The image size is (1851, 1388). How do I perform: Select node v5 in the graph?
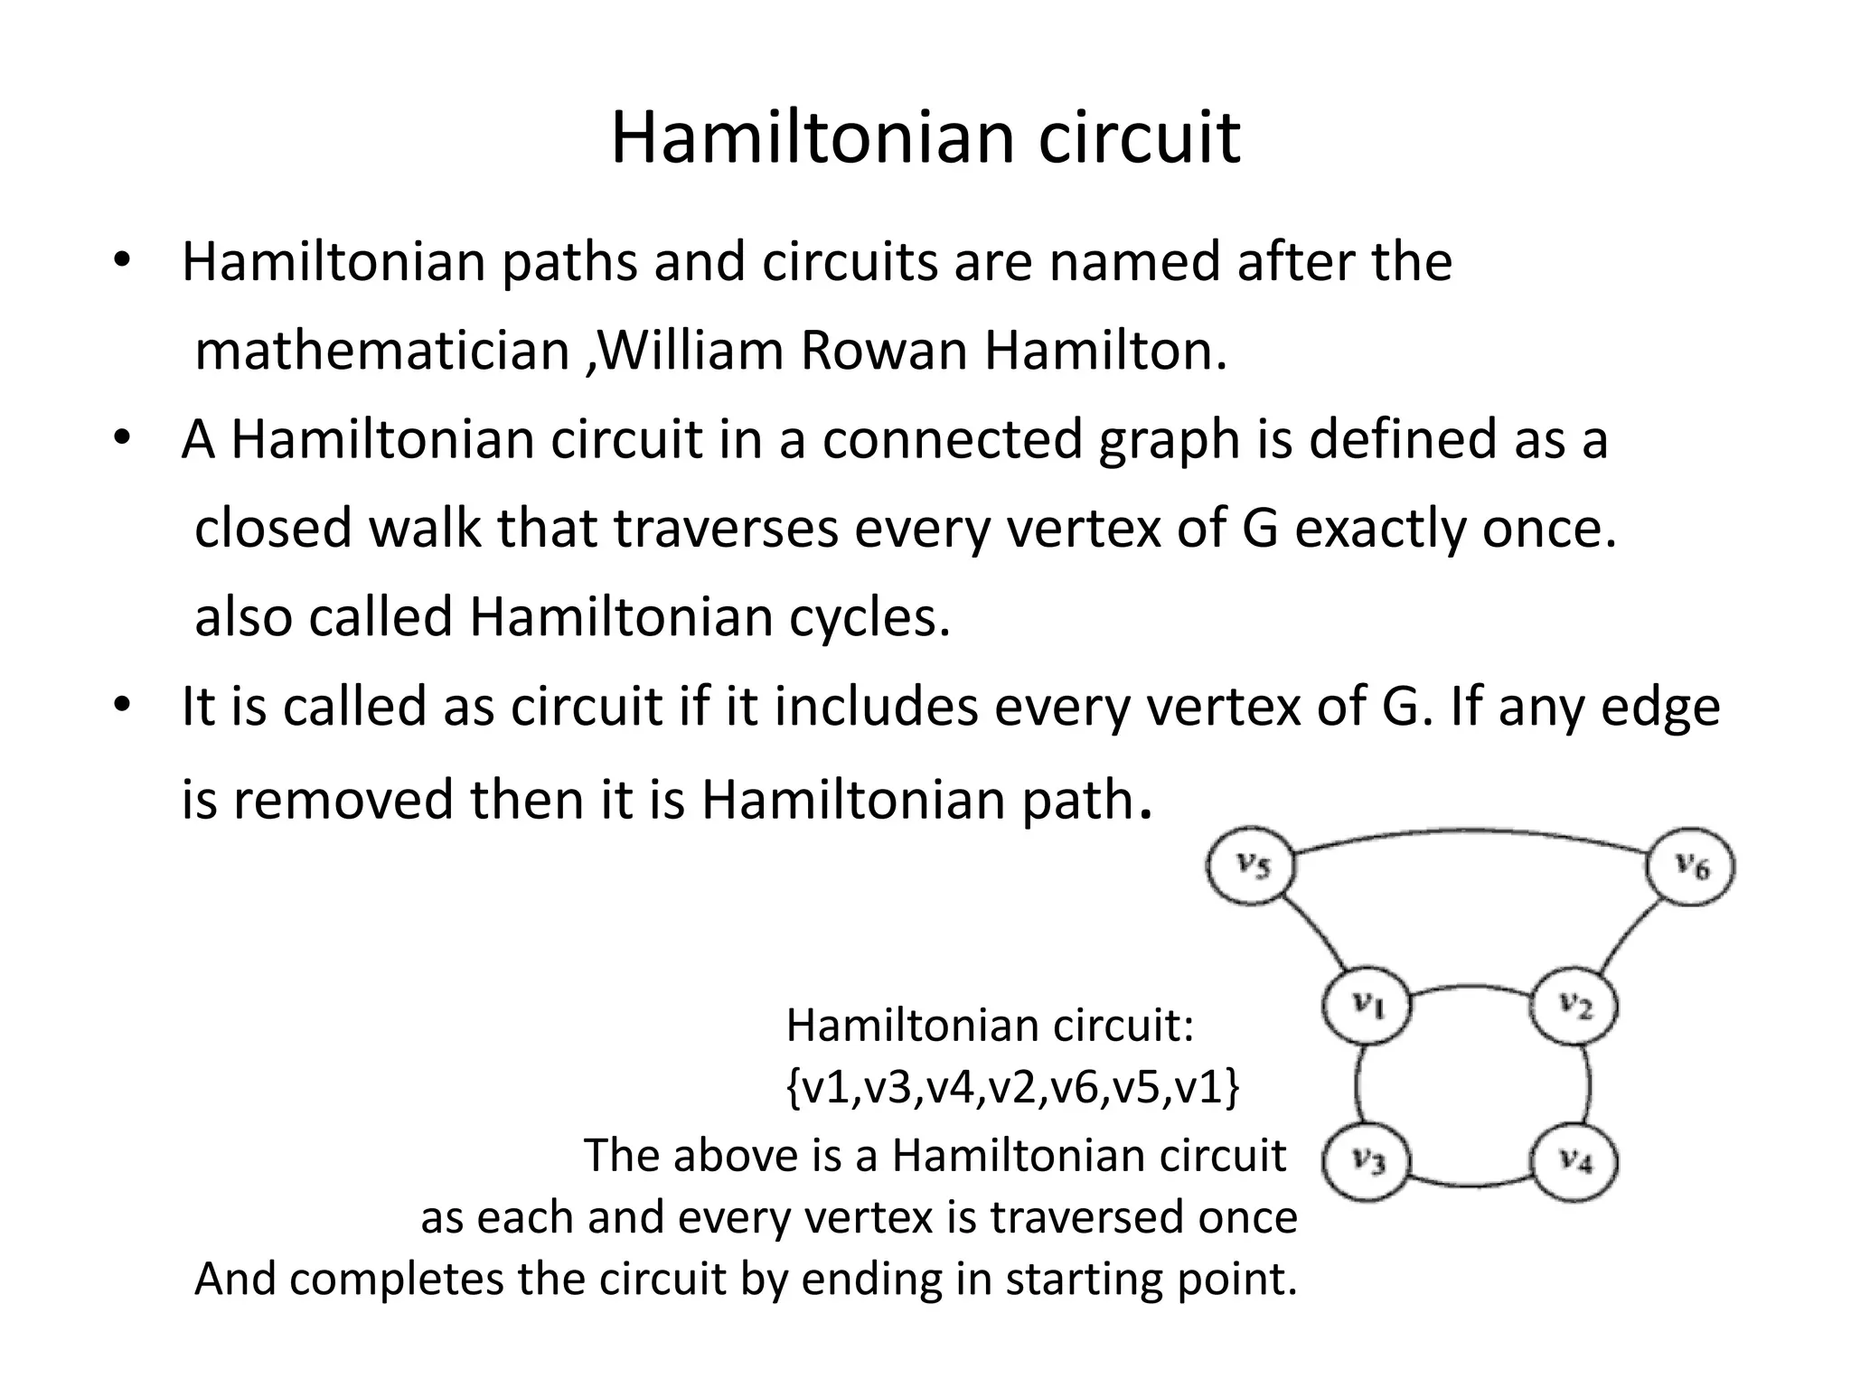pos(1252,867)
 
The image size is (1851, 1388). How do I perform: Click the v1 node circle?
pos(1367,1005)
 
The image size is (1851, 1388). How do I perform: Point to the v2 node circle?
pos(1574,1005)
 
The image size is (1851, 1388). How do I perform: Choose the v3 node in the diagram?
pos(1367,1160)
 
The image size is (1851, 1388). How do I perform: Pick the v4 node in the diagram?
pos(1574,1160)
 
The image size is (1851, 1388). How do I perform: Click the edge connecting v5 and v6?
pos(1471,832)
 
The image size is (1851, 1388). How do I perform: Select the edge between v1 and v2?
pos(1471,987)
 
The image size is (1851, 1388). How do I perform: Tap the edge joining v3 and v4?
pos(1471,1183)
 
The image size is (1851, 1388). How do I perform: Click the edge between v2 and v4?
pos(1588,1084)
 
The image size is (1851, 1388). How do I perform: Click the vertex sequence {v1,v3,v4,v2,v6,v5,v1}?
pos(1013,1088)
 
